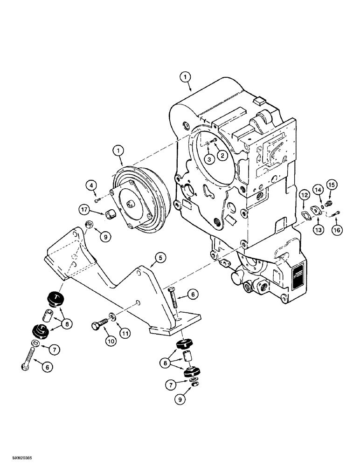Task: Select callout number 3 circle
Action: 209,159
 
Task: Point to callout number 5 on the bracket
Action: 160,257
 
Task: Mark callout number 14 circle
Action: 318,189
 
